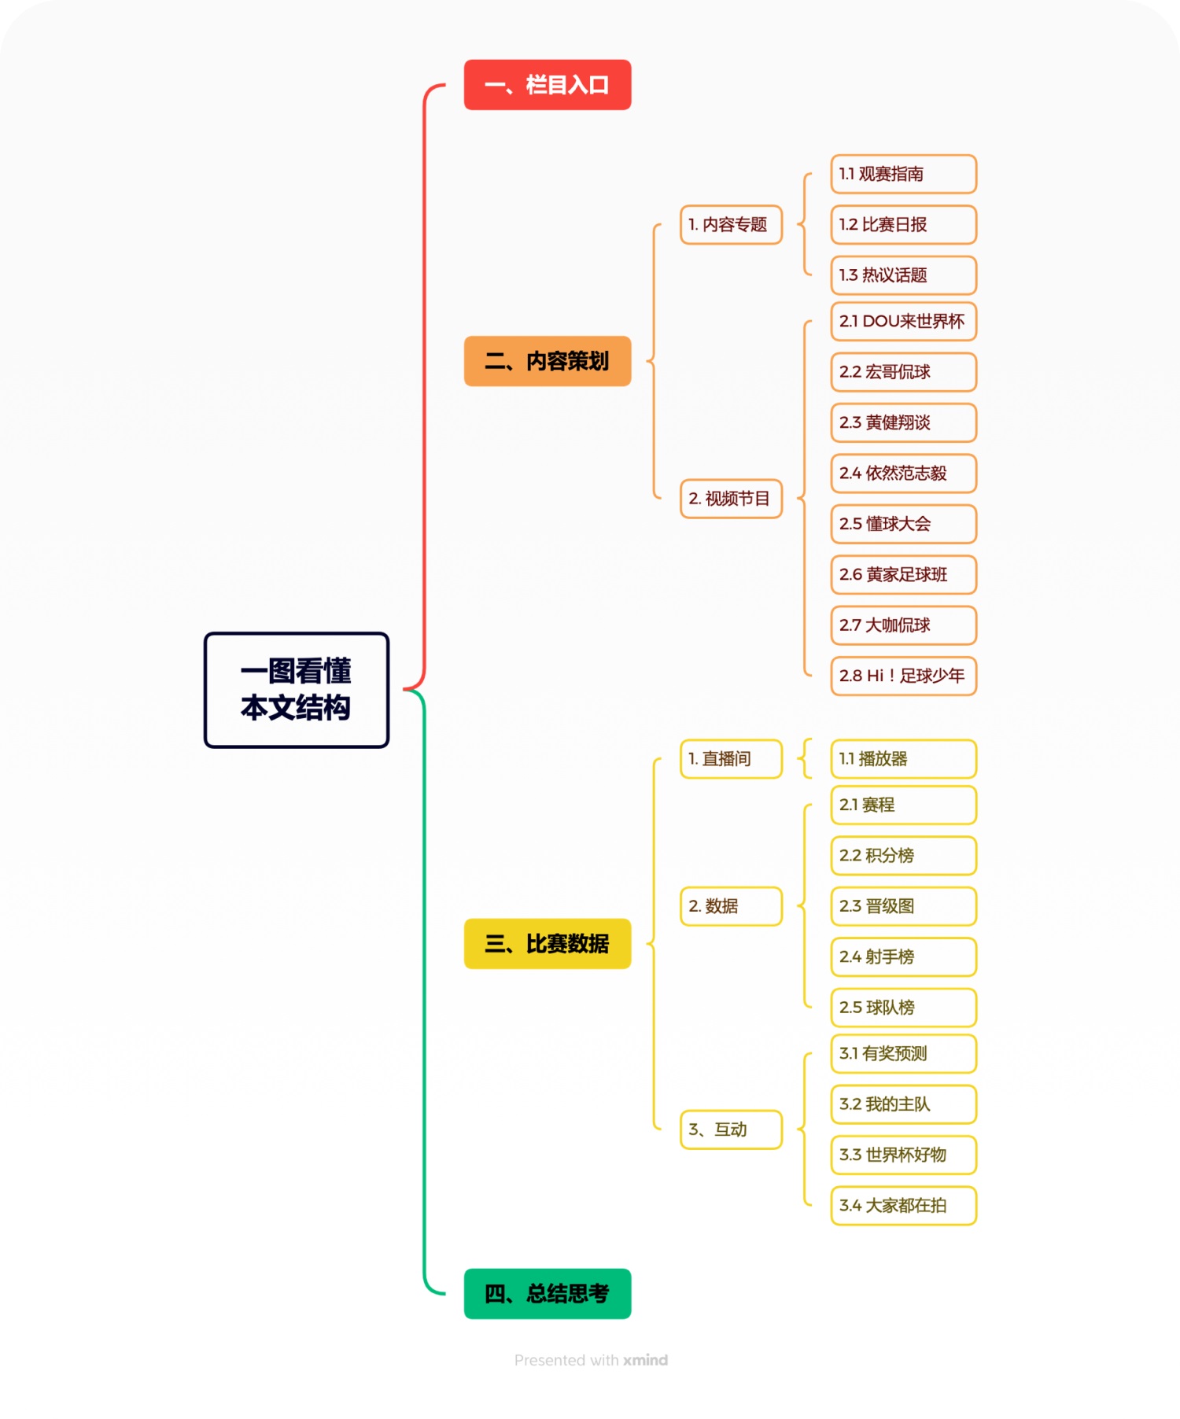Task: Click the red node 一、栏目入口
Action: [x=547, y=85]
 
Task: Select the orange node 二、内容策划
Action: [x=547, y=361]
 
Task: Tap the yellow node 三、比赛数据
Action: [x=547, y=943]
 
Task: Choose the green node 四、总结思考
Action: [x=547, y=1293]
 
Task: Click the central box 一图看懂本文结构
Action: [x=297, y=690]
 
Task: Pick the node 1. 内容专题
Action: [x=731, y=224]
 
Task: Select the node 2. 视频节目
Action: [x=731, y=498]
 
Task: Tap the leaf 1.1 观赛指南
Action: [x=903, y=174]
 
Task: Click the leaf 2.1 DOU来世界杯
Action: [x=903, y=321]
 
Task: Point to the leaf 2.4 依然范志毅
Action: [x=903, y=473]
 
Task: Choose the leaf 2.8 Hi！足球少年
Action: [x=903, y=676]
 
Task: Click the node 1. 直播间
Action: [x=731, y=758]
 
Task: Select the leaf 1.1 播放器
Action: [x=903, y=758]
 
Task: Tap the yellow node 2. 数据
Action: [x=731, y=906]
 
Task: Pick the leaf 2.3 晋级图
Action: [x=903, y=906]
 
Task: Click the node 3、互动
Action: [x=731, y=1130]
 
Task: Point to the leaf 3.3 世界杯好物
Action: [x=903, y=1155]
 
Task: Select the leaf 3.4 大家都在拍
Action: [x=903, y=1205]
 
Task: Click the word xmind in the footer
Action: [x=645, y=1360]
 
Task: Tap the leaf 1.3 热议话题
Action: [x=903, y=275]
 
